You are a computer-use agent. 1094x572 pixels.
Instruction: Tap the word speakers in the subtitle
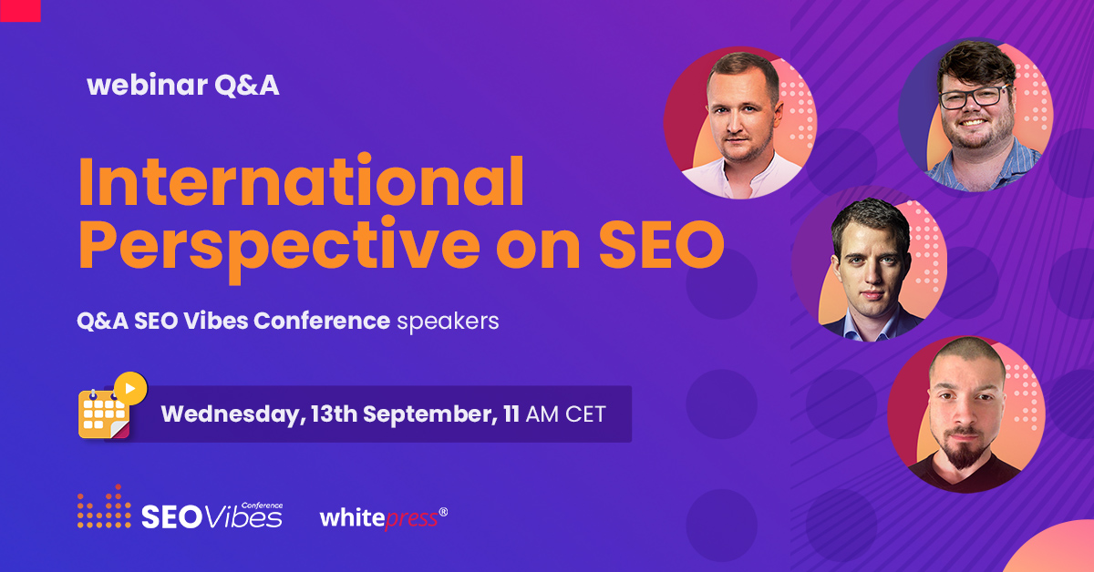point(448,322)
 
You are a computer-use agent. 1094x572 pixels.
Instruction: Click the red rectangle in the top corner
point(20,10)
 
